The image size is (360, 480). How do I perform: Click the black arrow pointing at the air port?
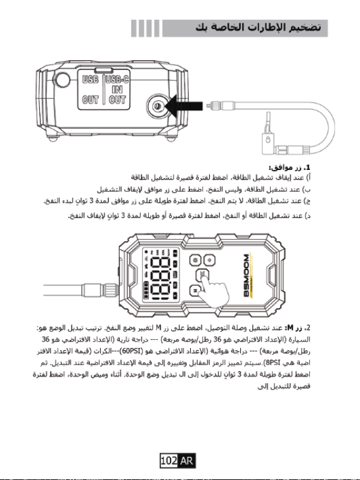[x=184, y=107]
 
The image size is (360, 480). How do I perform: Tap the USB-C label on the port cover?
[x=117, y=80]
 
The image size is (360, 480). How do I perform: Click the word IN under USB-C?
[x=117, y=89]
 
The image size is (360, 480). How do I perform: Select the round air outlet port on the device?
[x=158, y=107]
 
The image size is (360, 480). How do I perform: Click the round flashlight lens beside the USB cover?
[x=61, y=80]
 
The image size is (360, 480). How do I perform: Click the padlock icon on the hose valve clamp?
[x=268, y=140]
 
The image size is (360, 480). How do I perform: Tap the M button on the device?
[x=195, y=290]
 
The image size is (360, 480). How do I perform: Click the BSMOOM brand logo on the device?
[x=247, y=275]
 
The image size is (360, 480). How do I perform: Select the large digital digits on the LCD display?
[x=161, y=278]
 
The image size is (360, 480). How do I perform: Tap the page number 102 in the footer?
[x=169, y=460]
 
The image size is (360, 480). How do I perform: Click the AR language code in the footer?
[x=186, y=460]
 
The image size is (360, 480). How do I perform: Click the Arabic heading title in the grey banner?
[x=259, y=27]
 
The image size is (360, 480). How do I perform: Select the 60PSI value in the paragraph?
[x=132, y=351]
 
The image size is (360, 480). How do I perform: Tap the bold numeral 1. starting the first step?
[x=307, y=167]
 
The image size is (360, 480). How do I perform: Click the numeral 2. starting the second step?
[x=307, y=328]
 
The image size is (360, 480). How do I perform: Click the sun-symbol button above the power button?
[x=195, y=260]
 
